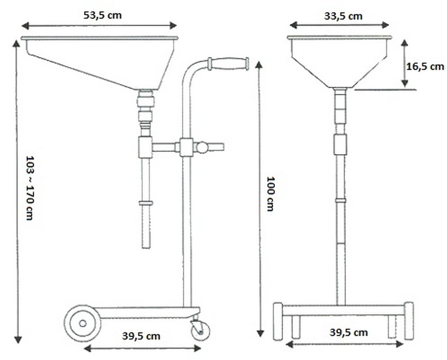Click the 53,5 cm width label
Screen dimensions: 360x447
point(103,15)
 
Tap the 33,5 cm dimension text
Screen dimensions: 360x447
point(343,16)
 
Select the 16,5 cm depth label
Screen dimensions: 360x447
point(425,67)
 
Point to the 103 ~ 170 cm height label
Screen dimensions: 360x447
point(30,187)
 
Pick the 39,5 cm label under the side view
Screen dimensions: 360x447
point(142,336)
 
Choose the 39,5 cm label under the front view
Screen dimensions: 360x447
point(350,332)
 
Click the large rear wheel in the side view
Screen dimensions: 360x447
point(83,322)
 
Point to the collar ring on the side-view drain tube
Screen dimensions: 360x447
point(146,203)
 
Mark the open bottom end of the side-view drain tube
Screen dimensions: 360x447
point(146,246)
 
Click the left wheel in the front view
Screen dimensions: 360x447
point(278,321)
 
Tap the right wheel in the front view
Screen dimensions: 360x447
point(409,321)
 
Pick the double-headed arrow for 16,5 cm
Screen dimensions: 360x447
point(404,63)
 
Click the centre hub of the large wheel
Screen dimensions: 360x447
point(83,322)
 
